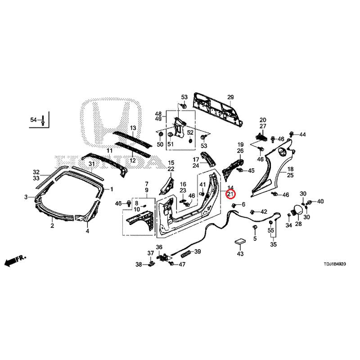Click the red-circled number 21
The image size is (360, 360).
230,194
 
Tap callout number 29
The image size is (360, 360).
230,97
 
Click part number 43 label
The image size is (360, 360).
240,254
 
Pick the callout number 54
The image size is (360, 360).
33,120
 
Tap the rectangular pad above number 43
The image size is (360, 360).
240,242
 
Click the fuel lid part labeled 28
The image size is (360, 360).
297,211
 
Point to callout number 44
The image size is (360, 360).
302,135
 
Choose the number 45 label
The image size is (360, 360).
251,171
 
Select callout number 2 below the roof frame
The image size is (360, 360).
52,226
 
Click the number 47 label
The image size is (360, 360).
182,264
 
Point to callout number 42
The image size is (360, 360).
264,211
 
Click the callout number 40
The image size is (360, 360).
320,201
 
